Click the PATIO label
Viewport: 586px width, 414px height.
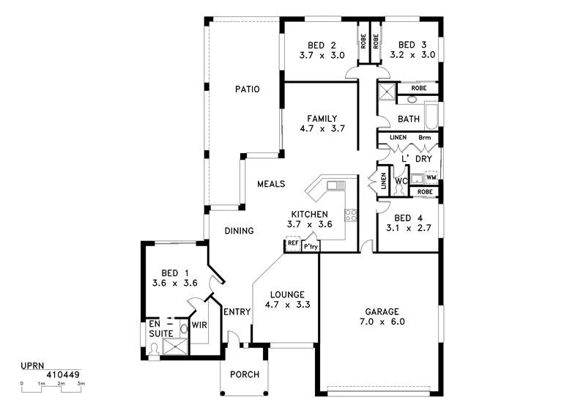point(248,89)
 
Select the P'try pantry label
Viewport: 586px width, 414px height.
point(311,247)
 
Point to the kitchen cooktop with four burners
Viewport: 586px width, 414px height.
point(351,215)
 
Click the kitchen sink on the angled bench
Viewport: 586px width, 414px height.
point(336,185)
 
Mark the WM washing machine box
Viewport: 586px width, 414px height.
point(431,177)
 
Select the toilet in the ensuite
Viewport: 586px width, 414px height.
point(155,350)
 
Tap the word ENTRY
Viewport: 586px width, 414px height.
point(238,311)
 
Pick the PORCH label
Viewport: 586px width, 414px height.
point(245,374)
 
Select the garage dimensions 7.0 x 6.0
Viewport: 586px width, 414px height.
point(382,322)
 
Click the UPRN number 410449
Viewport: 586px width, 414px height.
point(62,374)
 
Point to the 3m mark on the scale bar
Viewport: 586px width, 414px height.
point(81,384)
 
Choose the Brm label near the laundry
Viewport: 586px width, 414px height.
point(424,138)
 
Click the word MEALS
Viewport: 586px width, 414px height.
point(270,184)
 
